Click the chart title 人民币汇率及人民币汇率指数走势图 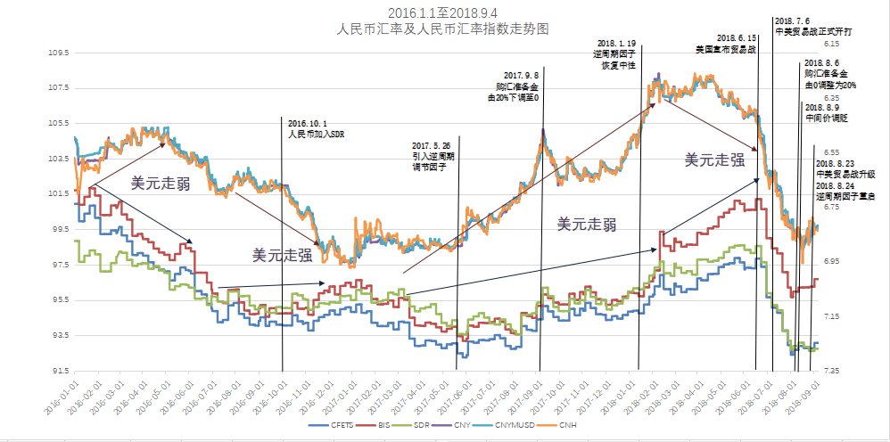pos(442,29)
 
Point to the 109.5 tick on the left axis pos(58,53)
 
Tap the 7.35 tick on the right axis pos(831,370)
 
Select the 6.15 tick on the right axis pos(831,44)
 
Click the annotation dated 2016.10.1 pos(314,129)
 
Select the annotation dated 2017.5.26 pos(432,155)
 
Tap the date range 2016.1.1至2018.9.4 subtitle pos(442,12)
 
